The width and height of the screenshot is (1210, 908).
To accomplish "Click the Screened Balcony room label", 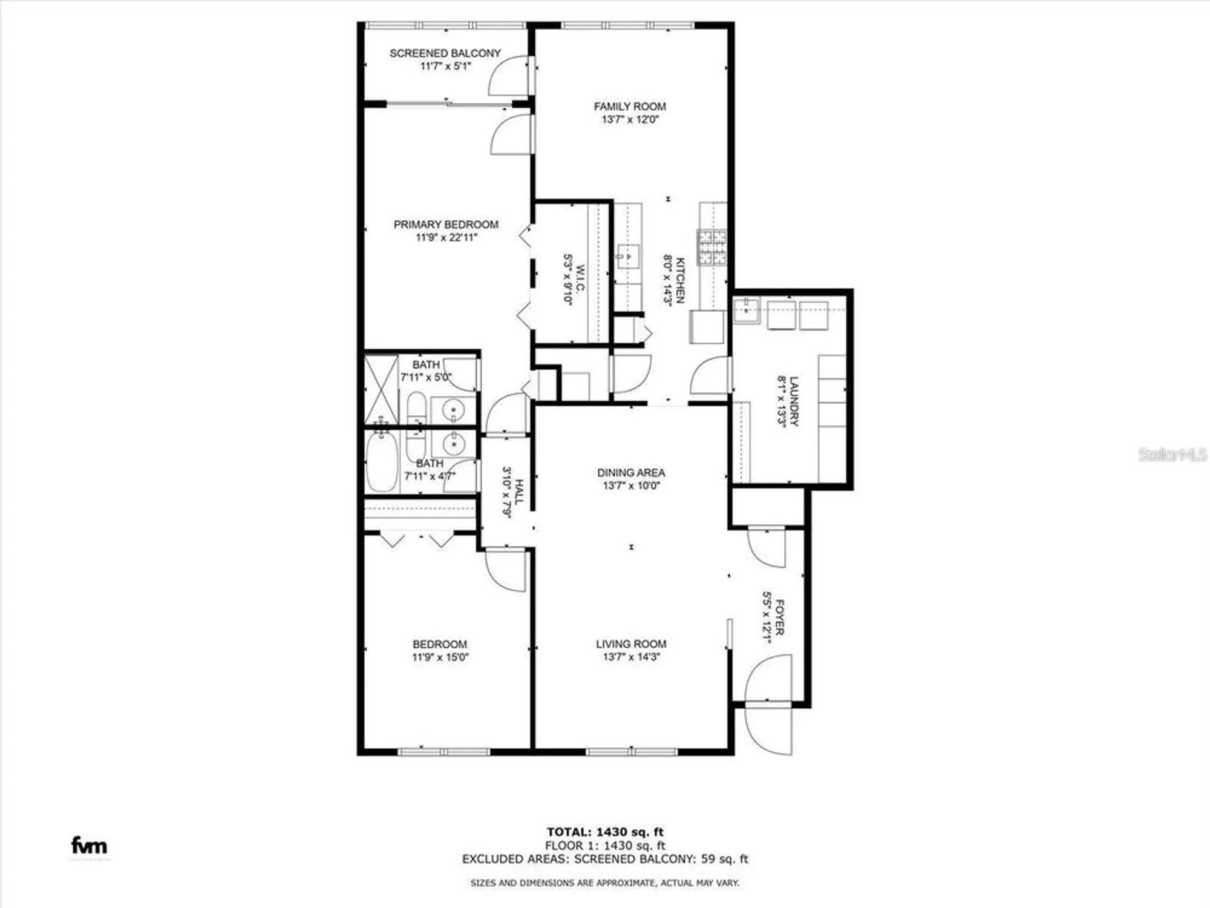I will (445, 53).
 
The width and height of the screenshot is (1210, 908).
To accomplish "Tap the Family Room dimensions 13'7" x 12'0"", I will (629, 120).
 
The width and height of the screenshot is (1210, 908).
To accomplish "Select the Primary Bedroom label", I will (446, 225).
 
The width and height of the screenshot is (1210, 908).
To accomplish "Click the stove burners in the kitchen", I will (711, 247).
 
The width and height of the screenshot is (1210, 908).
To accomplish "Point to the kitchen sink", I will (628, 257).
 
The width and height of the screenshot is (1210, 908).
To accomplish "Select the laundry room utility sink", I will (746, 311).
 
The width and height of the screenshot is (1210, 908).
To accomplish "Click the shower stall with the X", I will (381, 390).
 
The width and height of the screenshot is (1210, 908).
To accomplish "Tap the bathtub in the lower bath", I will (382, 461).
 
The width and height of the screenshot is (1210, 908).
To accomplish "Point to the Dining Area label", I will (630, 473).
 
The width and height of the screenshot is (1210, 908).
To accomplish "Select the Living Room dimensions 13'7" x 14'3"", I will (630, 657).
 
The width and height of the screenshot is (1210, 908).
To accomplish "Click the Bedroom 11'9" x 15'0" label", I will (440, 645).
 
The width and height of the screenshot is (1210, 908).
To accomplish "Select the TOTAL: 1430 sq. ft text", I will (604, 832).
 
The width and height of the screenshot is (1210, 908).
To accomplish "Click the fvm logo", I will (89, 845).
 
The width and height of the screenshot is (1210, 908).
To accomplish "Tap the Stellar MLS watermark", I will (1171, 455).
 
